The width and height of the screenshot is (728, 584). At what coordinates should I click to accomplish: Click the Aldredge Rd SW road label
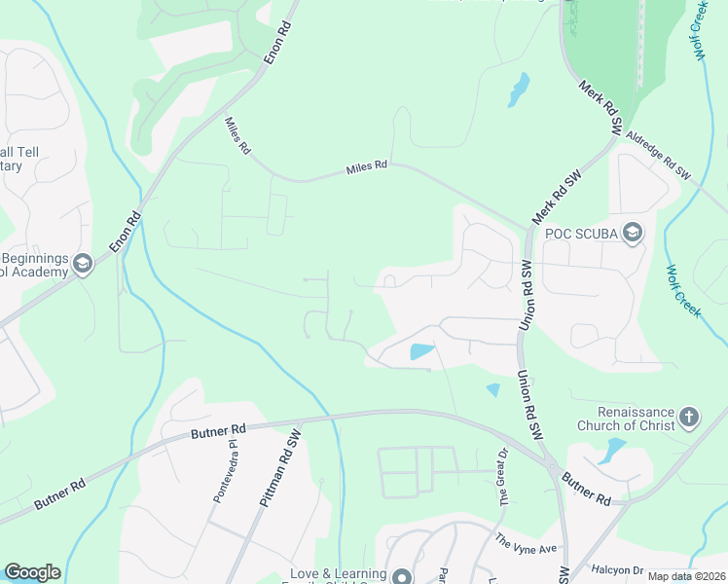coord(659,156)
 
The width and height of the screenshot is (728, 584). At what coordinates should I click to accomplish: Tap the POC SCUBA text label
coord(581,232)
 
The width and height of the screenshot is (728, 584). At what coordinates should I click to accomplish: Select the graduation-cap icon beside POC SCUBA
coord(634,231)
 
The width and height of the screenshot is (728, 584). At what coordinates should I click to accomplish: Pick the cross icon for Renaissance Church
coord(688,418)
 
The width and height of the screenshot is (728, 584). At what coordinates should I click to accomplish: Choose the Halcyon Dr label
coord(612,570)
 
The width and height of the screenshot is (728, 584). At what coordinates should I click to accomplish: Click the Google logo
coord(32,572)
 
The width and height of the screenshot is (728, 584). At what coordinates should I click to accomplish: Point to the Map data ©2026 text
coord(687,576)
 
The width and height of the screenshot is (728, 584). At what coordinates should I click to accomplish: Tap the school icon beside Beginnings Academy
coord(84,265)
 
